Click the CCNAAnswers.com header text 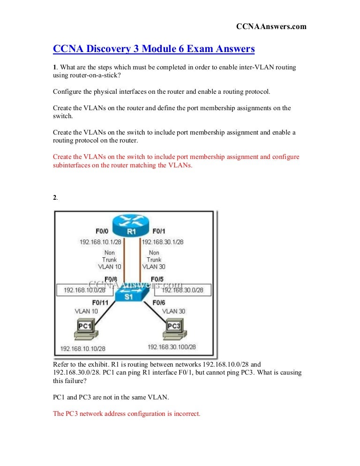[x=271, y=27]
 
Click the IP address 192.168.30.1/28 [x=163, y=242]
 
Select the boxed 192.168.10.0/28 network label [x=84, y=290]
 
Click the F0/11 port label [x=101, y=303]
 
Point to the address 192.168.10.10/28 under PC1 [x=83, y=349]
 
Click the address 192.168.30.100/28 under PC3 [x=172, y=347]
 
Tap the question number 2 [x=55, y=198]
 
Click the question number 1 [x=54, y=68]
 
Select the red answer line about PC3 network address [x=127, y=414]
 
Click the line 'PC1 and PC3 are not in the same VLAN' [x=111, y=397]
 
